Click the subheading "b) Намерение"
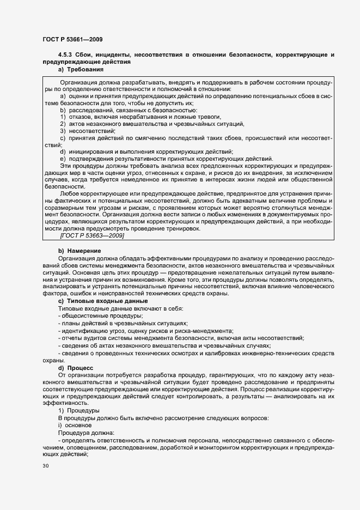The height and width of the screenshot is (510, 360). [x=80, y=250]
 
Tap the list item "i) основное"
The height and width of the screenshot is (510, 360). [x=75, y=424]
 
